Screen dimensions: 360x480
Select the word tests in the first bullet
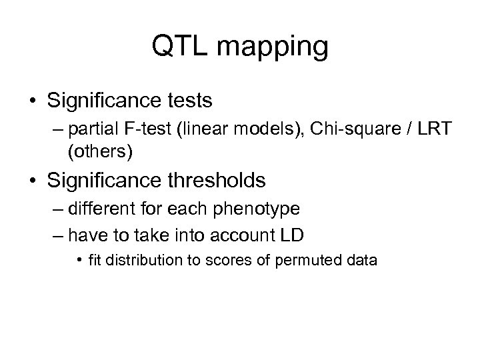click(190, 101)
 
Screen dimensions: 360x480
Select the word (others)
click(101, 152)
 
